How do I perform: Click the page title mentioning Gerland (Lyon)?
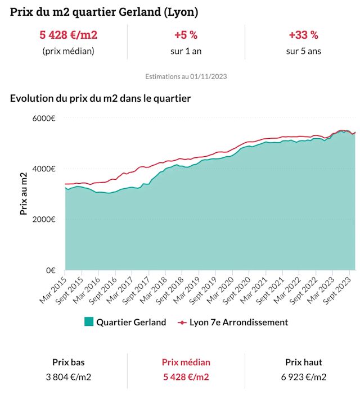[x=104, y=12]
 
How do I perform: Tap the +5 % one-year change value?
[x=186, y=35]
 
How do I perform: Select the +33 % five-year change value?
[x=303, y=35]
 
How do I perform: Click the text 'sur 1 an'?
[x=186, y=51]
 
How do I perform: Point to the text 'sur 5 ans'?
[x=303, y=51]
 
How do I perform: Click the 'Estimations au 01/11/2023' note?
[x=186, y=76]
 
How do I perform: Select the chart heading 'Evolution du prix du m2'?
[x=100, y=98]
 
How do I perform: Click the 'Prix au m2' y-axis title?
[x=24, y=194]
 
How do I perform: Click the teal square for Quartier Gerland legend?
[x=88, y=322]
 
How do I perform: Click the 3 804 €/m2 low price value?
[x=68, y=376]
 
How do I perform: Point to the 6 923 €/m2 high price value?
[x=304, y=376]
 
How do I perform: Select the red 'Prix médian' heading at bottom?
[x=186, y=362]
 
